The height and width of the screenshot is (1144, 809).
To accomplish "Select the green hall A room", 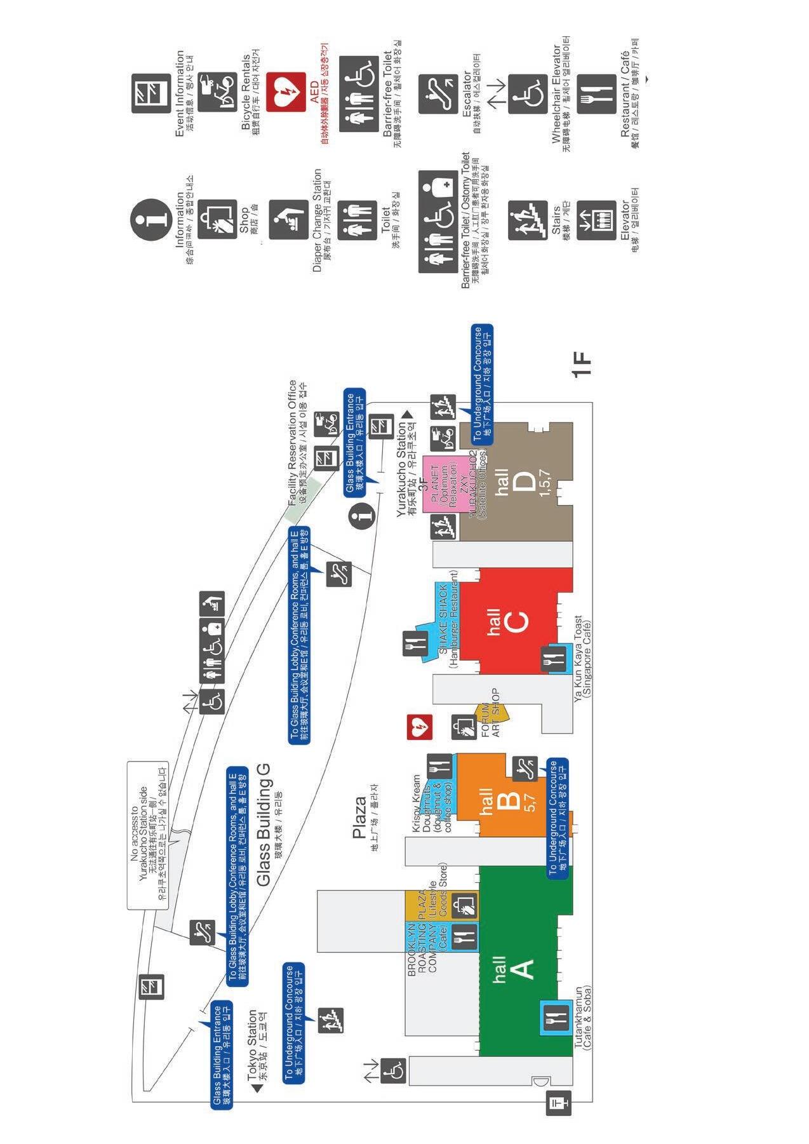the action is coord(521,966).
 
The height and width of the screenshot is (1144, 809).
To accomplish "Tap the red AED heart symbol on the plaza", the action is coord(420,728).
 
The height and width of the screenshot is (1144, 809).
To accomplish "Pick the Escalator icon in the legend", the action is coord(438,94).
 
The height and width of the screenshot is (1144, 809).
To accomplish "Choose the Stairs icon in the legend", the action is coord(527,220).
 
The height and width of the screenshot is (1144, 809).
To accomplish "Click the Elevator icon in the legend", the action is coord(596,220).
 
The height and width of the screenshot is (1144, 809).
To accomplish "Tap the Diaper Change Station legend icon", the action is coord(288,220).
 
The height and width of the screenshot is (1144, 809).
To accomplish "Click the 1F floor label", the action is coord(582,365).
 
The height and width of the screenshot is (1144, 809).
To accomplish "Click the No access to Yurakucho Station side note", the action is coord(147,835).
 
